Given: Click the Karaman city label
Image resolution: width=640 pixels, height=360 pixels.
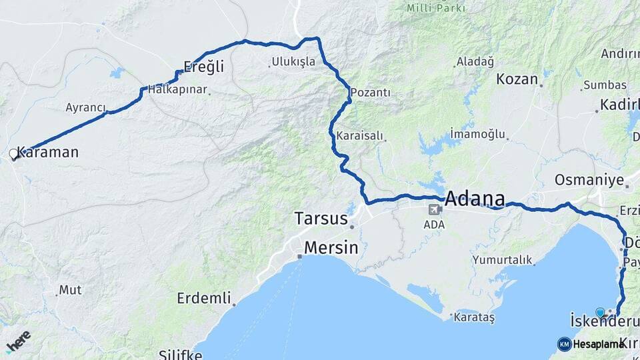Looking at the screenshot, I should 47,152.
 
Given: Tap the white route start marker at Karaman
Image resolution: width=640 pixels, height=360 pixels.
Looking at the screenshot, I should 13,154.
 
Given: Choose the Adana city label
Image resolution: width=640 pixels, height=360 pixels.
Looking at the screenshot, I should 474,198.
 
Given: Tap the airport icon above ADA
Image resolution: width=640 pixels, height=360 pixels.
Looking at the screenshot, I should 435,209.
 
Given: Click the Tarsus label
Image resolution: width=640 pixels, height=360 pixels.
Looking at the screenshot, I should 321,219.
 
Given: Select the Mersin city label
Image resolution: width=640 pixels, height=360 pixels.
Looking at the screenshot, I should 331,248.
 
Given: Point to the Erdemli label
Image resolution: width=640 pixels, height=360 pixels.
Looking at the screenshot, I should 203,298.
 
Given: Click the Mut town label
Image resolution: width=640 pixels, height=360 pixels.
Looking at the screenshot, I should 70,290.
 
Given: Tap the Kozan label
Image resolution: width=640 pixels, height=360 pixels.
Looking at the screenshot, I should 517,79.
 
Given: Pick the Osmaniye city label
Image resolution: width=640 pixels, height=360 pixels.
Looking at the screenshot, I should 589,180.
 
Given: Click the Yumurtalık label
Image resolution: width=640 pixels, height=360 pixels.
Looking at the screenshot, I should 502,259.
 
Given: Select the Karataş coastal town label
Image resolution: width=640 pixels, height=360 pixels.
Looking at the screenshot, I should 474,318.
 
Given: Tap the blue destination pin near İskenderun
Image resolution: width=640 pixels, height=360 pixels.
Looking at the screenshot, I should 600,312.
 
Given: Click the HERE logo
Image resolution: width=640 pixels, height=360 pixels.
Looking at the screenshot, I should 18,341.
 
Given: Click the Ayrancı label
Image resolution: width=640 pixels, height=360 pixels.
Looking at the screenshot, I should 85,107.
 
